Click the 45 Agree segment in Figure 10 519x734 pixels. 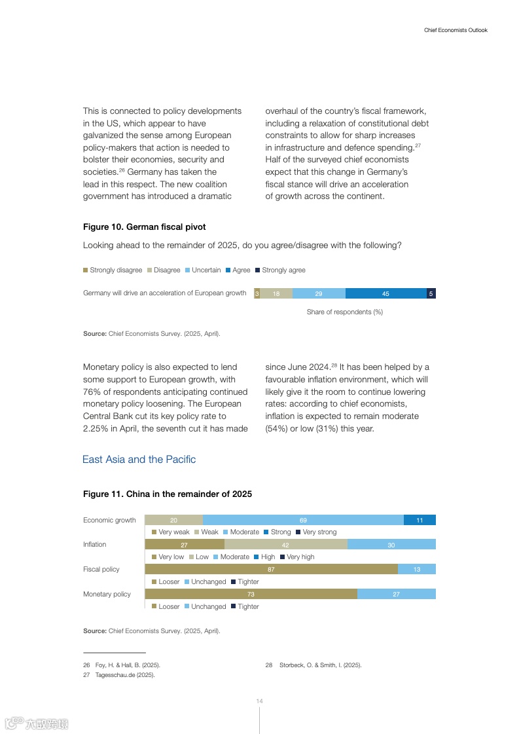pyautogui.click(x=385, y=293)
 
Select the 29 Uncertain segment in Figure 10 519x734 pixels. pyautogui.click(x=319, y=293)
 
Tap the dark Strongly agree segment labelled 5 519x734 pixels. pyautogui.click(x=431, y=293)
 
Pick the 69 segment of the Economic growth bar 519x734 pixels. pyautogui.click(x=303, y=520)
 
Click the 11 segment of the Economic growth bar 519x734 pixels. pyautogui.click(x=420, y=520)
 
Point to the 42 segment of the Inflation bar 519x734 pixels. pyautogui.click(x=285, y=544)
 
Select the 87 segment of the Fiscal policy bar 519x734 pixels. pyautogui.click(x=271, y=569)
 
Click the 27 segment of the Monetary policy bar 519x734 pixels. pyautogui.click(x=396, y=594)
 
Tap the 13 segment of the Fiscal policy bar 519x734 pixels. pyautogui.click(x=417, y=569)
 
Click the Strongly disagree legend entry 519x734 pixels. pyautogui.click(x=113, y=270)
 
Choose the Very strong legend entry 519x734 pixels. pyautogui.click(x=316, y=532)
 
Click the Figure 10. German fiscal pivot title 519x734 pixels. pyautogui.click(x=144, y=227)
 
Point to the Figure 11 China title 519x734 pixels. pyautogui.click(x=167, y=494)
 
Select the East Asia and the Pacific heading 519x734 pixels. pyautogui.click(x=139, y=459)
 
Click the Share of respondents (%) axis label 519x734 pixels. pyautogui.click(x=344, y=312)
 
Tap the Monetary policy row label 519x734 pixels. pyautogui.click(x=107, y=594)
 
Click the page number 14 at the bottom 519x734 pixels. pyautogui.click(x=259, y=701)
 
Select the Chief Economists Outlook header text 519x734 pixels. pyautogui.click(x=456, y=30)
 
